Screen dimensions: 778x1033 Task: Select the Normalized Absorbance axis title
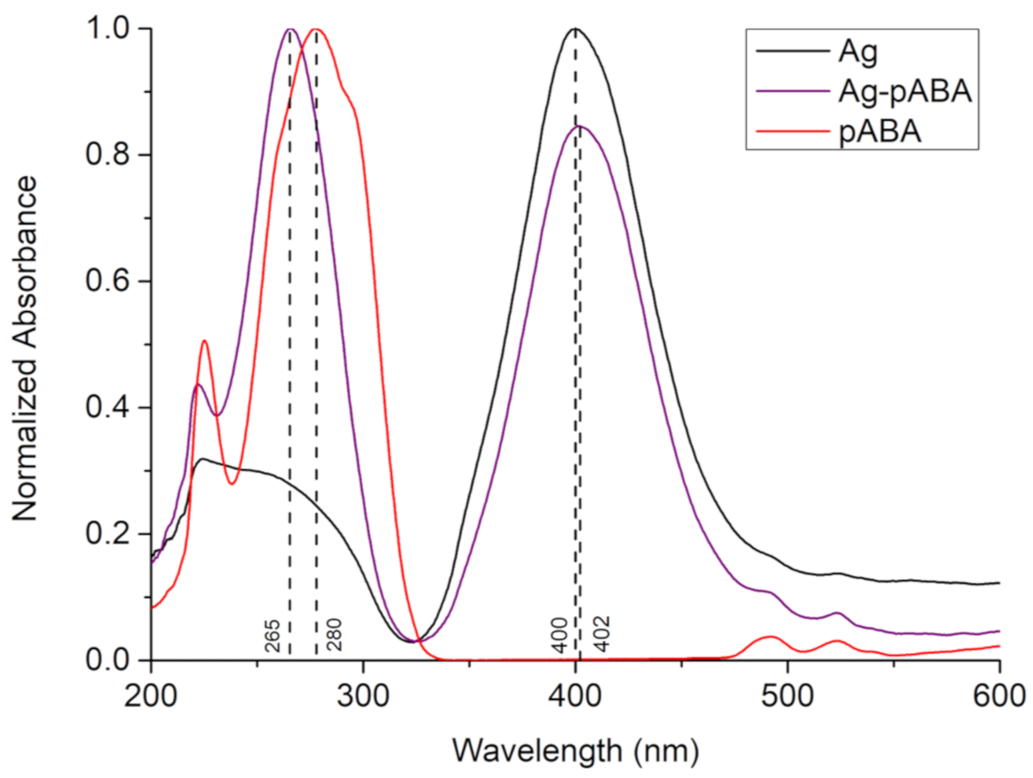tap(24, 348)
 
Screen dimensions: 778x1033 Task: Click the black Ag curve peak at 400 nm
tap(575, 29)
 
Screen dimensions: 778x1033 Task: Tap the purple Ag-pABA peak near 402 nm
tap(580, 127)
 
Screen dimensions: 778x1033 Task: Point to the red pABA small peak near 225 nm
tap(204, 341)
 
